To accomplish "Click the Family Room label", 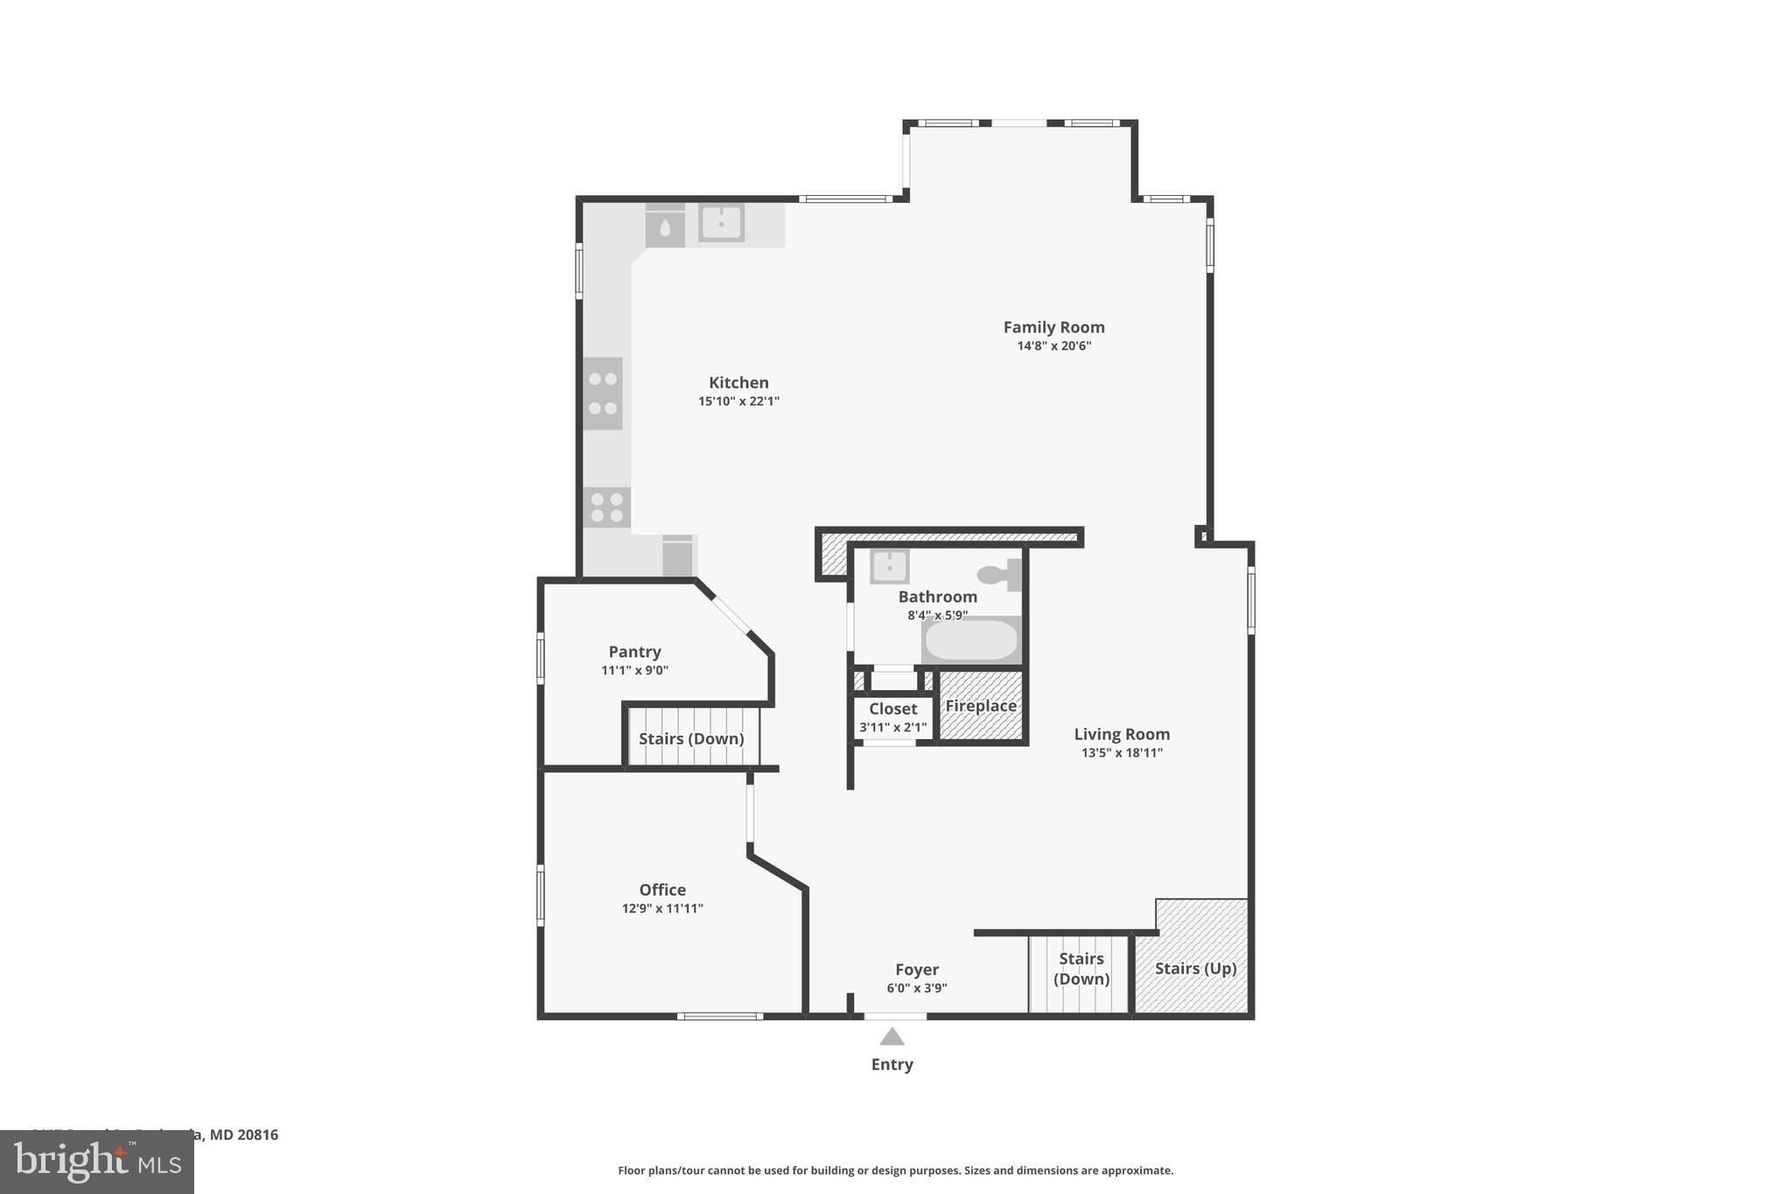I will (1053, 327).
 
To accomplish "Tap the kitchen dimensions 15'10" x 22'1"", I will (738, 401).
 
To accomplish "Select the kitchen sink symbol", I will (721, 222).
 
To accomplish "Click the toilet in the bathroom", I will (999, 575).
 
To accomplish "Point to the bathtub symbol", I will (971, 639).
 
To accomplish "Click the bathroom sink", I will (889, 566).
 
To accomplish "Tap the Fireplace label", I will (981, 706).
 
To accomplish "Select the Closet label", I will (892, 709).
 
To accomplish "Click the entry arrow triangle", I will (892, 1037).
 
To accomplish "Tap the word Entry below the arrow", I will (892, 1065).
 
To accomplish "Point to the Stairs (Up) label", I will (1195, 968).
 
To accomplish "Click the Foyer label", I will (916, 969).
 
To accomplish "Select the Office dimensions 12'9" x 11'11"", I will (662, 909).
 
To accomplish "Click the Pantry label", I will (634, 652).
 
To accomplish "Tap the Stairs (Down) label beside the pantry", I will (691, 738).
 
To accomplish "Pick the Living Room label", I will (1122, 734).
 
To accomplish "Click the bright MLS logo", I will (97, 1162).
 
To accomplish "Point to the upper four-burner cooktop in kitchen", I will (603, 394).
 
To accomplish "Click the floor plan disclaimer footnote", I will (895, 1170).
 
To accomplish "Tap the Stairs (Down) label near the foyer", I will (1081, 968).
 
